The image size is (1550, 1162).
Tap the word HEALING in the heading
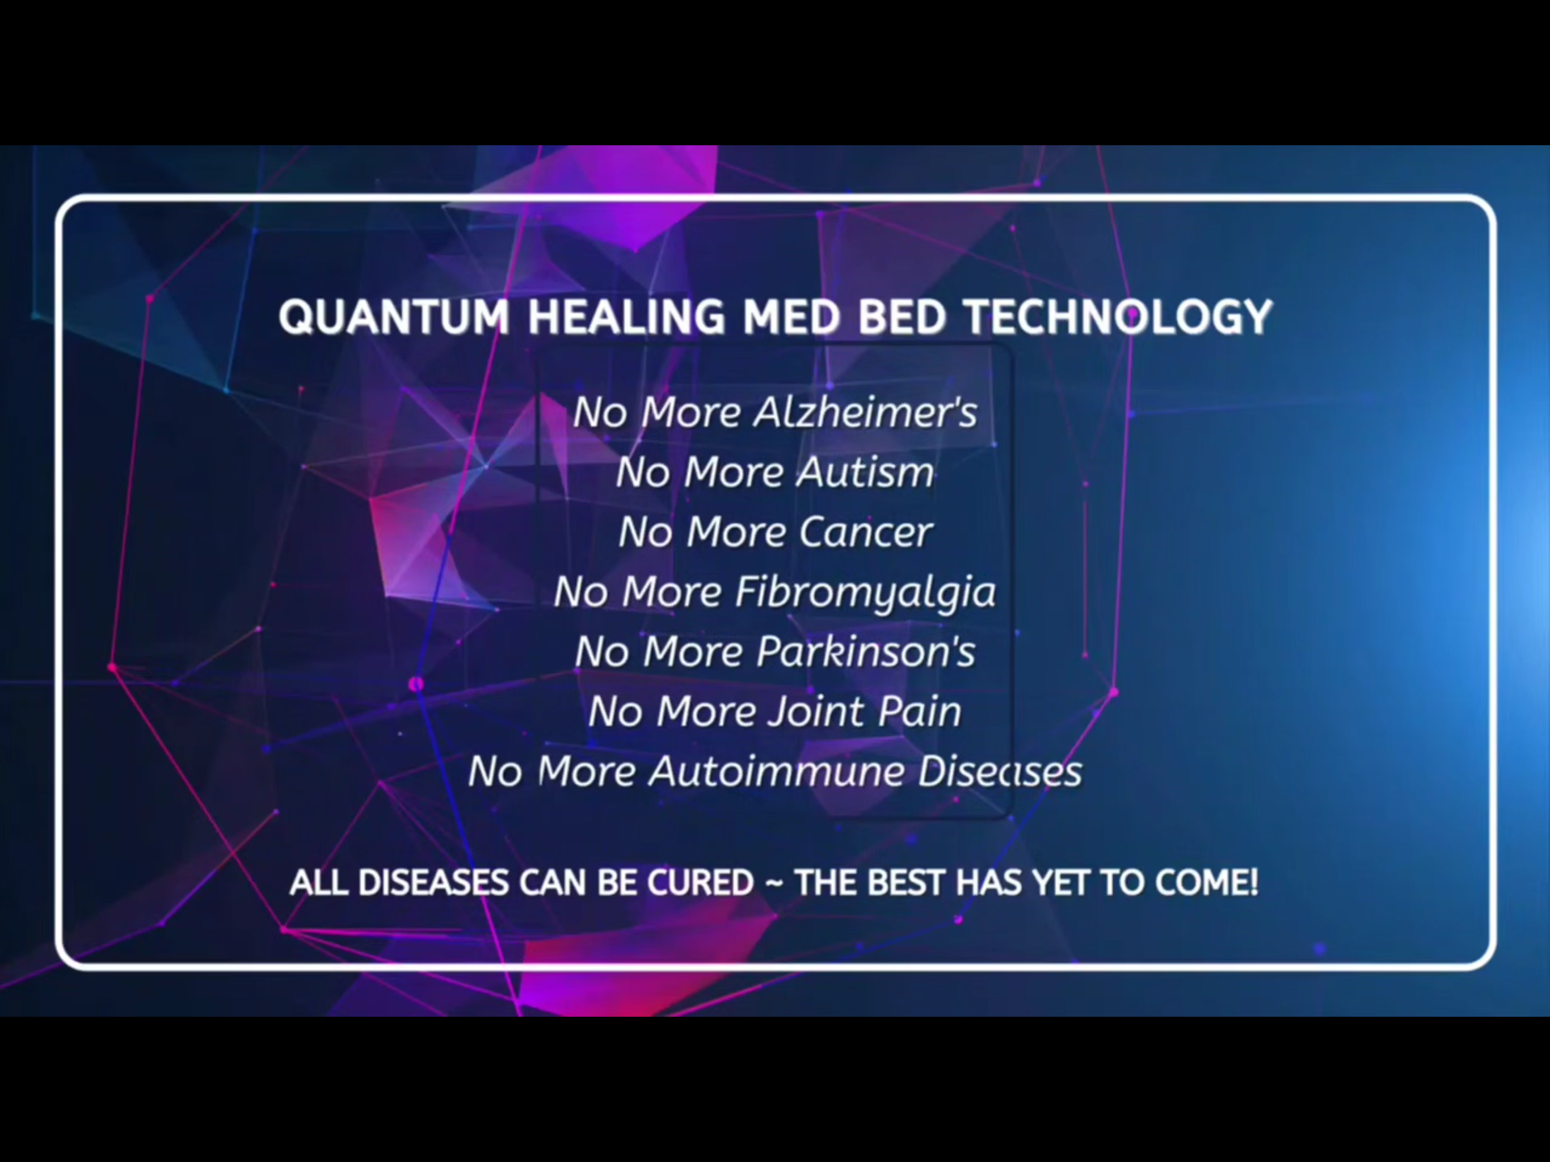coord(627,317)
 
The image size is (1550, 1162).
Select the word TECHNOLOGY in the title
coord(1118,317)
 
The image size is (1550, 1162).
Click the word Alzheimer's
coord(865,411)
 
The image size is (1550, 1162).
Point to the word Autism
coord(866,471)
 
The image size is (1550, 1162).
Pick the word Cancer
coord(866,532)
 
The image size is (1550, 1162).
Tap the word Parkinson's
coord(866,651)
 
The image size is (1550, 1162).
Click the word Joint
coord(815,711)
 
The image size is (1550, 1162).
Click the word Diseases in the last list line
coord(1000,771)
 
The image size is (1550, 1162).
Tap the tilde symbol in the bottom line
coord(774,883)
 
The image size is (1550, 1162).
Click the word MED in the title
coord(791,317)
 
